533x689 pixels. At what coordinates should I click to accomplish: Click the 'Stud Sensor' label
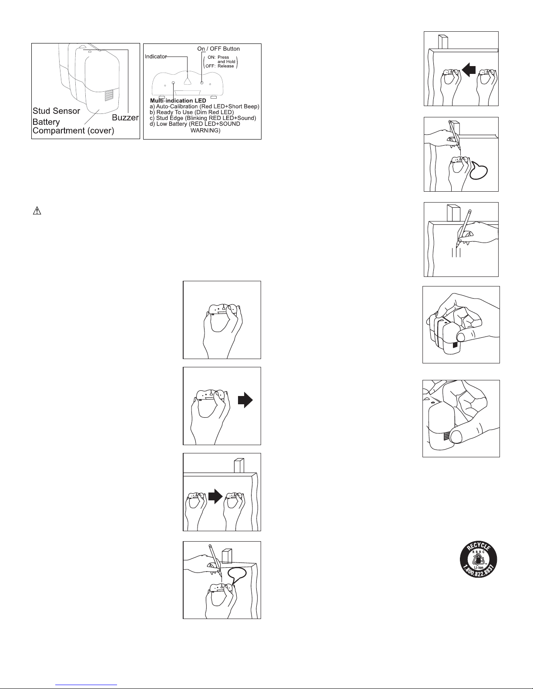(56, 111)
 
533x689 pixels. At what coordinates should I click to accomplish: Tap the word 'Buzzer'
(125, 118)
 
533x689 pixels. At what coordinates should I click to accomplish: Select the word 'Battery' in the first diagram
(46, 122)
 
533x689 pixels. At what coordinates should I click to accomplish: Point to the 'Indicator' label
(156, 57)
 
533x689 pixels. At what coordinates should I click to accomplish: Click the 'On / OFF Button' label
(218, 49)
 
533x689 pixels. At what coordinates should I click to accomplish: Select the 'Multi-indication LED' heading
(178, 100)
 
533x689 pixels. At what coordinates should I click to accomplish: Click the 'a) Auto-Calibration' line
(204, 107)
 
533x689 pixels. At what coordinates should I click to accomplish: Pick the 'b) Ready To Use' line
(191, 112)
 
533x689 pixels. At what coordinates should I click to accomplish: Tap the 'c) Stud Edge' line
(203, 118)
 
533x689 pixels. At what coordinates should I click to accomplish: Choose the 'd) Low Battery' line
(195, 124)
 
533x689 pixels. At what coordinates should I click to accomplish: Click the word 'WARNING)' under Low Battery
(205, 130)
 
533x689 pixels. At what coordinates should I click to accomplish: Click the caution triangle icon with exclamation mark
(37, 210)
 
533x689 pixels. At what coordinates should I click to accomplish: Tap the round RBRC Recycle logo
(479, 559)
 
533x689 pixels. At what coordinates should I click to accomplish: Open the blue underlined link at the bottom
(86, 685)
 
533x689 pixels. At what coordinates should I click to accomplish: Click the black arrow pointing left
(469, 70)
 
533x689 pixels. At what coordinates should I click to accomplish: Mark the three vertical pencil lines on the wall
(456, 253)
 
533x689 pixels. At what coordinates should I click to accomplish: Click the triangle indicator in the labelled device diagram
(188, 81)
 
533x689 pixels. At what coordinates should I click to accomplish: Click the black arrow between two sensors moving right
(216, 496)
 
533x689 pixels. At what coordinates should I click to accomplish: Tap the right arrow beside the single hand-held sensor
(245, 400)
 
